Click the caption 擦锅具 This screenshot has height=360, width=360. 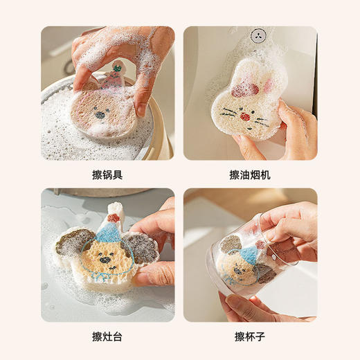coord(107,175)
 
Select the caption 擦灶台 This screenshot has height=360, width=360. coord(107,337)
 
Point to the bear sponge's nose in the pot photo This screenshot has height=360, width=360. coord(106,109)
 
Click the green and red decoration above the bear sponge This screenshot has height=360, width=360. coord(118,67)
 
